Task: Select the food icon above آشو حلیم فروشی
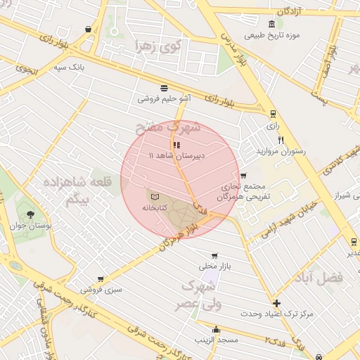164,88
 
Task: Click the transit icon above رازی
273,113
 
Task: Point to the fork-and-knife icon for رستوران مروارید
281,140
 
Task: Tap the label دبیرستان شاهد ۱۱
176,155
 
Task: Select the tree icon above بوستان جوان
30,214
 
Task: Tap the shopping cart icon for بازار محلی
214,256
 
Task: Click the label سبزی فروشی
100,289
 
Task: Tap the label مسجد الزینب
218,340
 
